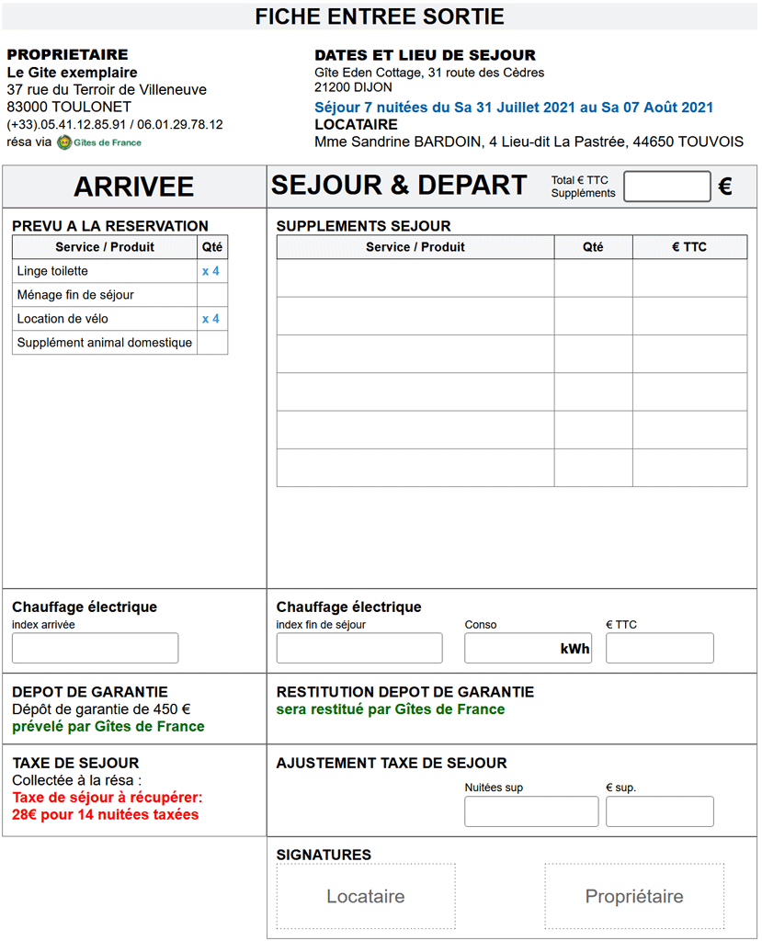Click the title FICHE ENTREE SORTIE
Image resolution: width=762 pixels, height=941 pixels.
pyautogui.click(x=380, y=17)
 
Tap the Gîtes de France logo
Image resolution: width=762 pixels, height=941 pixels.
pyautogui.click(x=64, y=142)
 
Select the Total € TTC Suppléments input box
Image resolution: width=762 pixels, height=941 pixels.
pyautogui.click(x=666, y=187)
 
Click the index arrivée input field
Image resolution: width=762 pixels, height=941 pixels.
pyautogui.click(x=95, y=648)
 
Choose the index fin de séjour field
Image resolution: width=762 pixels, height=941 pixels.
pyautogui.click(x=359, y=648)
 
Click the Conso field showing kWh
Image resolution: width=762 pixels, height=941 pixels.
pyautogui.click(x=528, y=648)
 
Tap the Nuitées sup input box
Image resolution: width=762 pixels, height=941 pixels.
pyautogui.click(x=531, y=811)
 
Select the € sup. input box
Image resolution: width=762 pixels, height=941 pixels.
pyautogui.click(x=659, y=811)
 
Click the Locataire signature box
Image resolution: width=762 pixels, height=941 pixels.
pyautogui.click(x=366, y=896)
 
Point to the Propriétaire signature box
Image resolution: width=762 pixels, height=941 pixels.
pyautogui.click(x=634, y=896)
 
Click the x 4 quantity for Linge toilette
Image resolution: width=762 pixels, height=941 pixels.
pyautogui.click(x=210, y=271)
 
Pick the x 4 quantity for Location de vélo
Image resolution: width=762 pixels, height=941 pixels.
pyautogui.click(x=210, y=319)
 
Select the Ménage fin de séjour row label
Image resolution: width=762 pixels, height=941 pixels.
pyautogui.click(x=75, y=295)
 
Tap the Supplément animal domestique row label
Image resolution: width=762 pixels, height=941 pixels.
pyautogui.click(x=105, y=343)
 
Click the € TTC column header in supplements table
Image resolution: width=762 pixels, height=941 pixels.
pyautogui.click(x=689, y=247)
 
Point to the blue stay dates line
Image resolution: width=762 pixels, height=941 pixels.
pyautogui.click(x=514, y=108)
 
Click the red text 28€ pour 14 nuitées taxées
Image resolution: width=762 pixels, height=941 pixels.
pyautogui.click(x=105, y=814)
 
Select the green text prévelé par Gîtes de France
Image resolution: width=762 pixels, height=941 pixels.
pyautogui.click(x=108, y=726)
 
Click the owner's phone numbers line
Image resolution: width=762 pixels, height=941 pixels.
pyautogui.click(x=115, y=124)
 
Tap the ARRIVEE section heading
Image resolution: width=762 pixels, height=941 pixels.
pyautogui.click(x=134, y=187)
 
